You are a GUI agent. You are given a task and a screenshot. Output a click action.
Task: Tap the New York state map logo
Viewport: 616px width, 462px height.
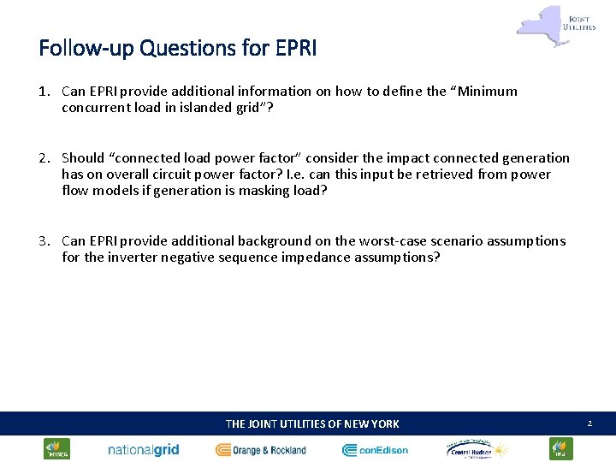[x=538, y=24]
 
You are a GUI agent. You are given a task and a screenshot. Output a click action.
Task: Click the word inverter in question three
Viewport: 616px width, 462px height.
[x=136, y=258]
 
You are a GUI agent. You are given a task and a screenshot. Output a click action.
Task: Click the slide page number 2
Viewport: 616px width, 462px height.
[x=589, y=423]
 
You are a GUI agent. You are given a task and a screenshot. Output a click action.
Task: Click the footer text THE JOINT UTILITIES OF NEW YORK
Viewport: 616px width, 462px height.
[x=311, y=423]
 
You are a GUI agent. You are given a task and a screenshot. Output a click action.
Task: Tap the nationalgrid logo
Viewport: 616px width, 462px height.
[x=144, y=450]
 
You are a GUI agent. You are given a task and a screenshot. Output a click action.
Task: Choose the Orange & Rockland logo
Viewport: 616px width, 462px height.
[x=261, y=450]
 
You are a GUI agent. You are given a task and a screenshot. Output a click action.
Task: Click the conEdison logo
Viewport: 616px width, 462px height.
[x=376, y=450]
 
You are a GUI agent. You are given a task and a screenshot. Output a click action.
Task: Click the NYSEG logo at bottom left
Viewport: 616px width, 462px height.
[x=57, y=449]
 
